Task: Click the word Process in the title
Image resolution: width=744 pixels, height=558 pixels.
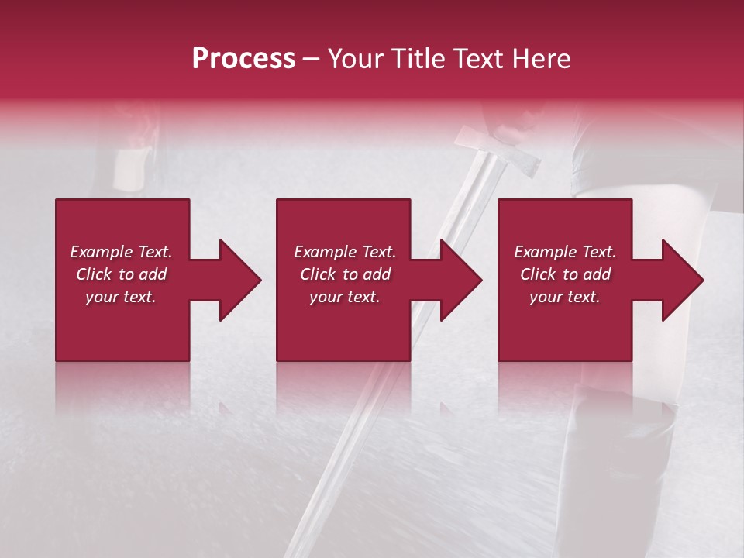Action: coord(243,59)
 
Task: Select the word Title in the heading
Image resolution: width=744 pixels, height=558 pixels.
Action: coord(418,59)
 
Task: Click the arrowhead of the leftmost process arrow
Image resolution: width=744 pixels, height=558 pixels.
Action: coord(240,280)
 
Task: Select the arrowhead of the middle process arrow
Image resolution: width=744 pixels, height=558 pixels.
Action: coord(461,280)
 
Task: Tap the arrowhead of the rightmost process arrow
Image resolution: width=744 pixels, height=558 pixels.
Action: coord(683,280)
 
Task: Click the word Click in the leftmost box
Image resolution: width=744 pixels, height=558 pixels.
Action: coord(94,274)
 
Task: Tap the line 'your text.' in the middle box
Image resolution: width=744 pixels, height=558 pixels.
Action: coord(344,297)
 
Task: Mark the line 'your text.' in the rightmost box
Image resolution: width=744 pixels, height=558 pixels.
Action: coord(564,297)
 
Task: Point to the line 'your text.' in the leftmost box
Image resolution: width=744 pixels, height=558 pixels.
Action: coord(120,297)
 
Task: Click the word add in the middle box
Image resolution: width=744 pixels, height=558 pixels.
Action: coord(376,274)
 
